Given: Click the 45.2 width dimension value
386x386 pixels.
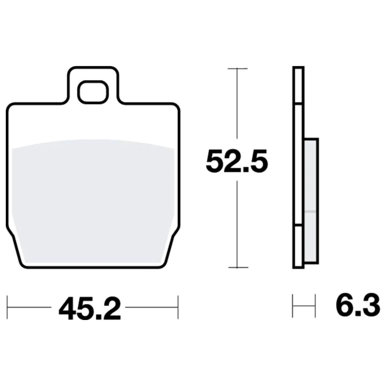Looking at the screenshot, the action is click(x=90, y=308).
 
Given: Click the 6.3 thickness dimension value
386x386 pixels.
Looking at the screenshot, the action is click(x=358, y=305).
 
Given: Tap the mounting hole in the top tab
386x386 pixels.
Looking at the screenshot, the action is click(x=93, y=92).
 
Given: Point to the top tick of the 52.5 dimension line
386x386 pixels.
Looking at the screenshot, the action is click(x=237, y=68).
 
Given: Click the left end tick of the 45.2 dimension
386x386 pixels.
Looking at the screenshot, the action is click(x=7, y=308).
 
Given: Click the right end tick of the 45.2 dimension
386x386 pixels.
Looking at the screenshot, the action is click(x=178, y=308).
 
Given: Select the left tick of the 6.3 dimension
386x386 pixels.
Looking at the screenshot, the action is click(x=293, y=306).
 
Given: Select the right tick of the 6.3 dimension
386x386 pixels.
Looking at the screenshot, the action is click(x=315, y=306).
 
